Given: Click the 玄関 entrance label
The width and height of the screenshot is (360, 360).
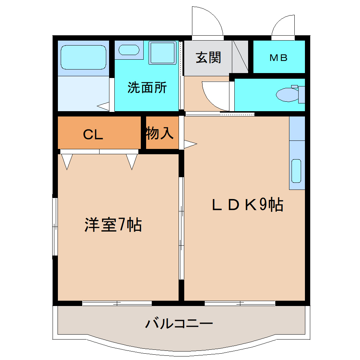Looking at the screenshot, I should coord(208,57).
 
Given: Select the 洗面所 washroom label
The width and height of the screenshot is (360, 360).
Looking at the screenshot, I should coord(147,88).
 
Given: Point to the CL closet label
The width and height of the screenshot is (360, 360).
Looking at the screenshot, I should coord(93,134).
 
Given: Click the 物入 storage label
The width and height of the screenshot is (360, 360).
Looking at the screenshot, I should coord(159,133).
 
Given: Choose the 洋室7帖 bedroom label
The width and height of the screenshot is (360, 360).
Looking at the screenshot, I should coord(113,224).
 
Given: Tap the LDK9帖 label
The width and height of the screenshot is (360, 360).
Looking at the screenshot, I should coord(247,205).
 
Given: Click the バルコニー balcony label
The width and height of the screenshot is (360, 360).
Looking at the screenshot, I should coord(179,323).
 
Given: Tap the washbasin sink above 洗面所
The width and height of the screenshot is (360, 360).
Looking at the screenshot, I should coord(128,49).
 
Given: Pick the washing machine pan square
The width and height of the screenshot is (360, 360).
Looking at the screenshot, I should coord(162,53).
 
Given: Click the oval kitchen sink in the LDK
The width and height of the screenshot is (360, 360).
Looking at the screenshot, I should coord(296,171).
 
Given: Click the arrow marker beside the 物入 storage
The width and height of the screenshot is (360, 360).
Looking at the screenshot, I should coord(190,144).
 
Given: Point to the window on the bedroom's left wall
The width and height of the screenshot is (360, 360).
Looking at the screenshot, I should coord(55,226).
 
